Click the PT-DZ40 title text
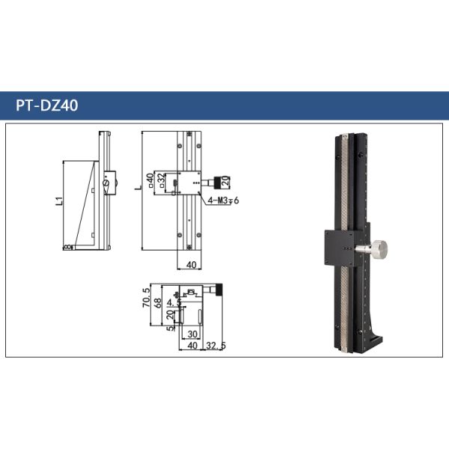click(46, 106)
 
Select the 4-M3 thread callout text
click(222, 200)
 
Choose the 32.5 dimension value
click(216, 346)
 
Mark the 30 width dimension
click(192, 335)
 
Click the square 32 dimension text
click(162, 182)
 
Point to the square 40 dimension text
click(150, 180)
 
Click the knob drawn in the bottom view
click(221, 290)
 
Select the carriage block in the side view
click(109, 182)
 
